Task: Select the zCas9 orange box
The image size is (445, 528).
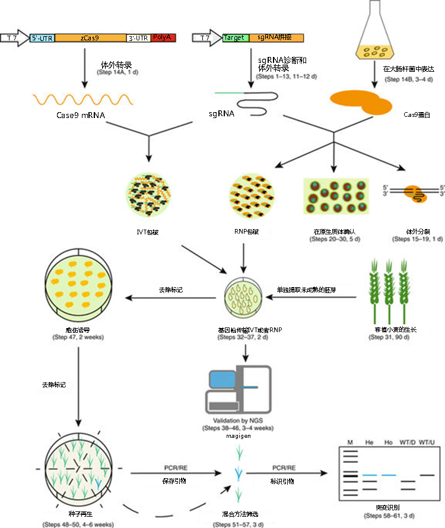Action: click(90, 37)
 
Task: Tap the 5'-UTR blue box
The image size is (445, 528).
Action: click(42, 37)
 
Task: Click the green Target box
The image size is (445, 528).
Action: click(234, 37)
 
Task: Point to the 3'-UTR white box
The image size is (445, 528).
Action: click(139, 37)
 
